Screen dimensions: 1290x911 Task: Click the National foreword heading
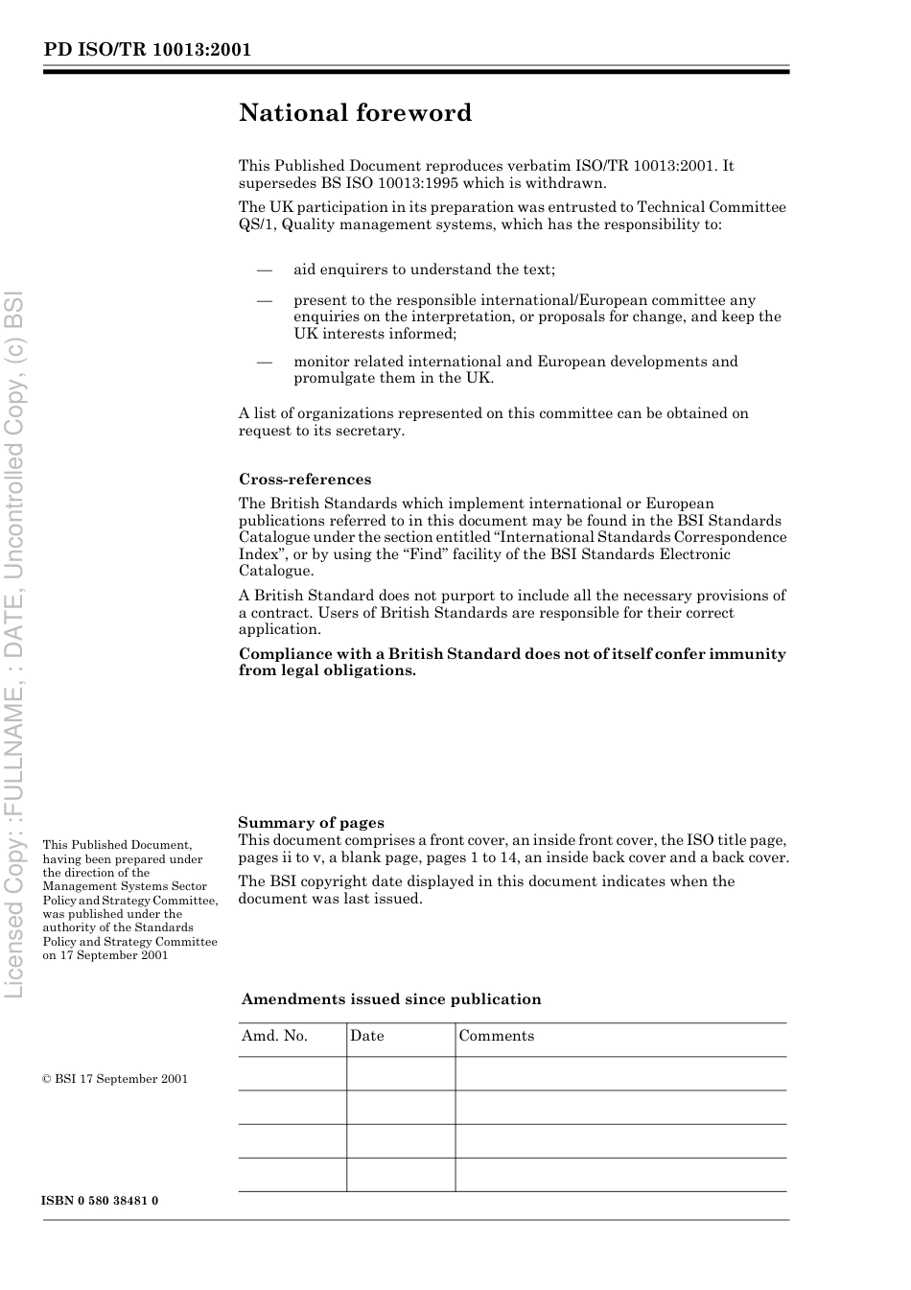coord(355,113)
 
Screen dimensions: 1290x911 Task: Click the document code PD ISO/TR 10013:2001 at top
coord(148,50)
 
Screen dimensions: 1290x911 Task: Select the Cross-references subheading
coord(305,480)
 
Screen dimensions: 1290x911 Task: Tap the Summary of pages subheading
coord(311,822)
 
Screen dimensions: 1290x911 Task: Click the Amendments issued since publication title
coord(391,999)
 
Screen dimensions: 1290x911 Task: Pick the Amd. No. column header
coord(274,1036)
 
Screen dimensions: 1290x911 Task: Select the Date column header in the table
coord(367,1036)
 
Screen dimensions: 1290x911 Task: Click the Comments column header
coord(497,1036)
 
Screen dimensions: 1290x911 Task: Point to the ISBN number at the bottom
coord(100,1201)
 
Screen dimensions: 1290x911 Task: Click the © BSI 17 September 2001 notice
coord(115,1079)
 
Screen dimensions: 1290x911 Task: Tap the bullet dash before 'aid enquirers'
coord(265,270)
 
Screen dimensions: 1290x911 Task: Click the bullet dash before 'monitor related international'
coord(265,362)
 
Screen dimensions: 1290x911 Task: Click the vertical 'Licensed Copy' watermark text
coord(15,643)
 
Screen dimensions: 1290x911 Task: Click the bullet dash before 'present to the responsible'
coord(265,300)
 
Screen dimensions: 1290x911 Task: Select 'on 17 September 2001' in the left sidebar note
coord(105,955)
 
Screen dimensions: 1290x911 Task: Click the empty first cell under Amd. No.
coord(292,1073)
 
